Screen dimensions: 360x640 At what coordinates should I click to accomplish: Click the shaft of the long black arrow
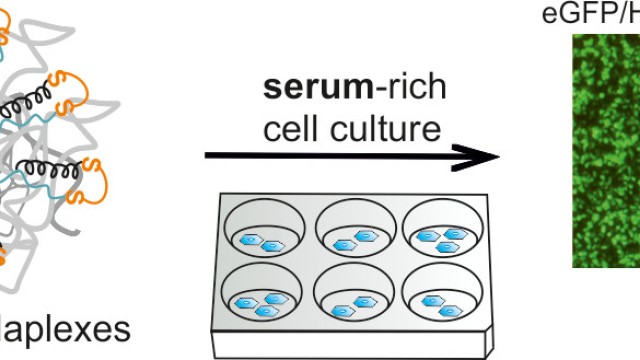[x=340, y=156]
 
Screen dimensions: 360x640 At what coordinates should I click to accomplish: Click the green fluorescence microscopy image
[x=605, y=150]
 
